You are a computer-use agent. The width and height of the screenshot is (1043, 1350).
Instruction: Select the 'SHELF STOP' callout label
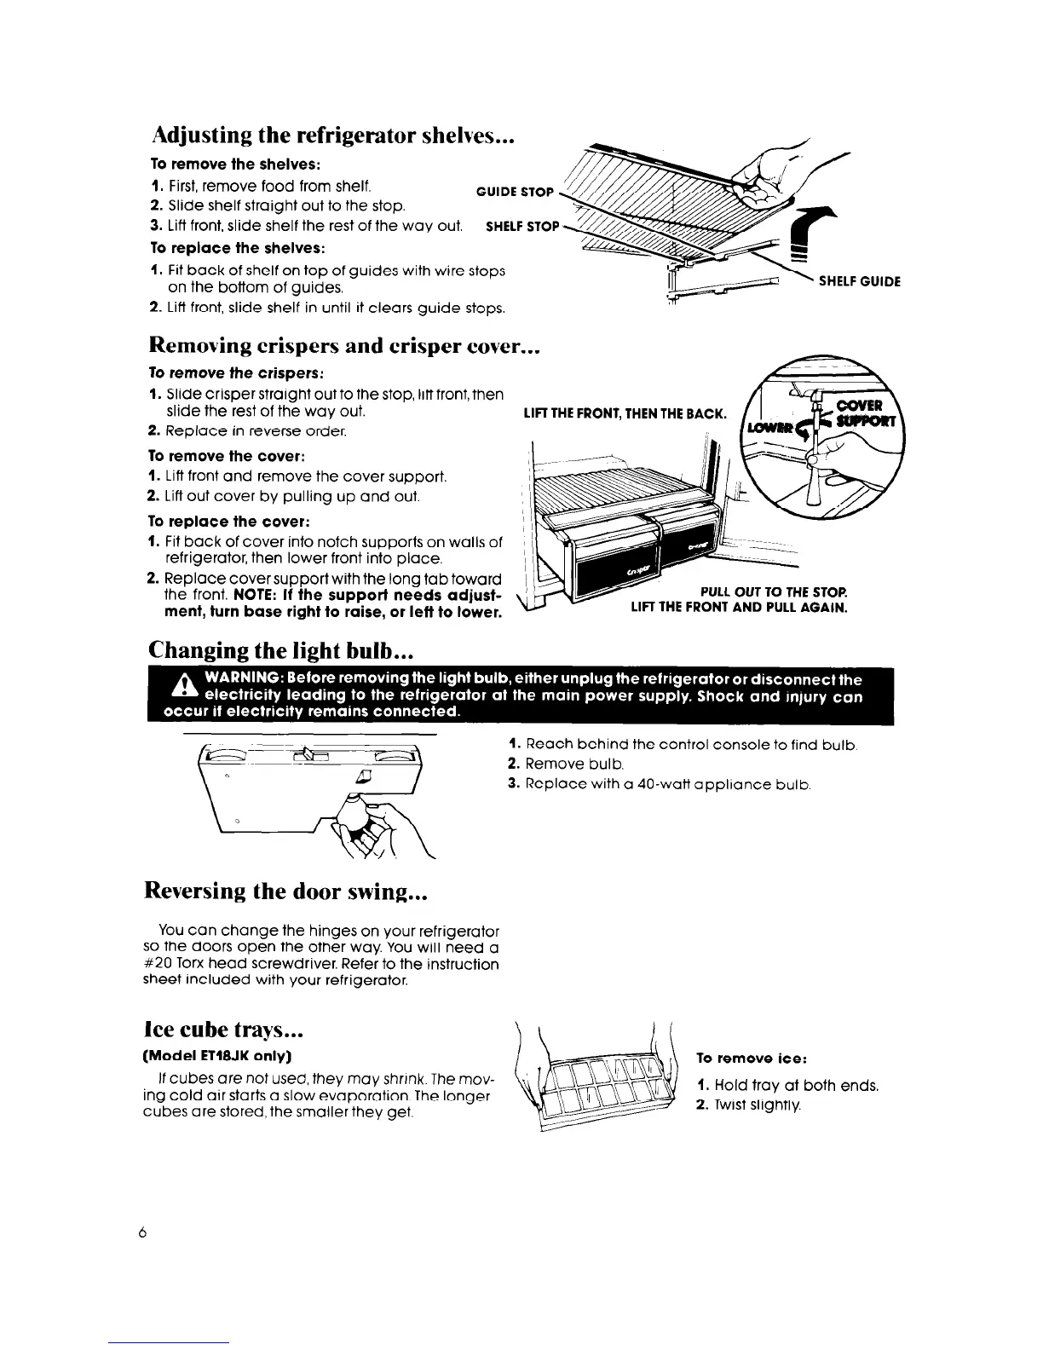point(521,227)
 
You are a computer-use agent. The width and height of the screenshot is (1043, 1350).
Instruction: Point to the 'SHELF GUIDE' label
point(859,281)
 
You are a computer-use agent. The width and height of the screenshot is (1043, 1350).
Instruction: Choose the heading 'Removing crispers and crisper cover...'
point(345,345)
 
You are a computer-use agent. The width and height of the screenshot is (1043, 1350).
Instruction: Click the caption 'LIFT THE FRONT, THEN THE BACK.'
point(625,415)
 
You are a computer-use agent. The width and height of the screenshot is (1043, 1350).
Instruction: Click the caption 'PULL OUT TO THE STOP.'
point(773,592)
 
